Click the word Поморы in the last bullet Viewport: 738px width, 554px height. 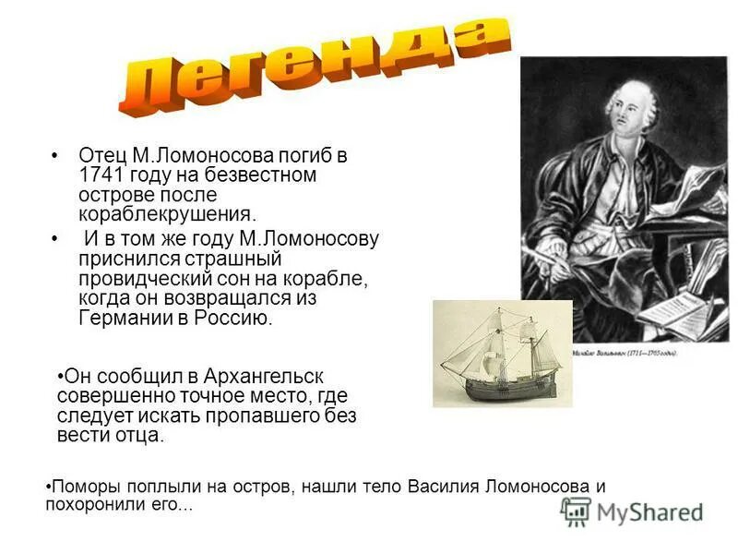tap(82, 487)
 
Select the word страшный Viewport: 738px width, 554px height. tap(231, 259)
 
